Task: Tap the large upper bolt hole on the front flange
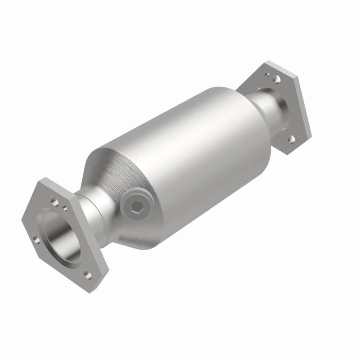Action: (x=55, y=198)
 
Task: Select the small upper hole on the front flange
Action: (x=66, y=208)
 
